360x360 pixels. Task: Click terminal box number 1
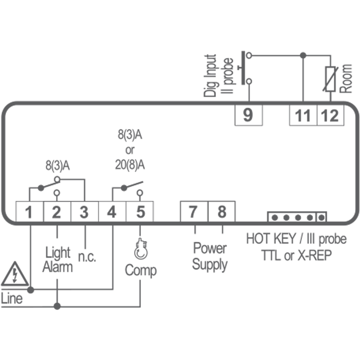29,212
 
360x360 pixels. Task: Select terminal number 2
57,212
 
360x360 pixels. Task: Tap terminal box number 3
84,212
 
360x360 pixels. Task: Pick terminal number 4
112,212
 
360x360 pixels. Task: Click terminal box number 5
140,212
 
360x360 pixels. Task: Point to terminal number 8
221,211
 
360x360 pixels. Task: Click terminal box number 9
248,115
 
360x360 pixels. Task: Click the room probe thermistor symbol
331,79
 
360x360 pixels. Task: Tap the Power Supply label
209,256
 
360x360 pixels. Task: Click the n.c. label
87,257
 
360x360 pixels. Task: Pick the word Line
12,298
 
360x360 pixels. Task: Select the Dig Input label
210,76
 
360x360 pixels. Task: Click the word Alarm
58,267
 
